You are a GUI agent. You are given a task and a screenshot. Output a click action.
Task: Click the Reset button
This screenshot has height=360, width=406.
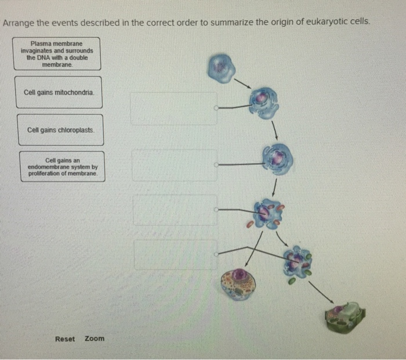pyautogui.click(x=65, y=339)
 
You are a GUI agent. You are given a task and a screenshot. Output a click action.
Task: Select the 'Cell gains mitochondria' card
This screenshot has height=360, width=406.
pyautogui.click(x=59, y=93)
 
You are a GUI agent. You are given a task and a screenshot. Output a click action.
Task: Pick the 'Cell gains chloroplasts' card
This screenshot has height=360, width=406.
pyautogui.click(x=60, y=129)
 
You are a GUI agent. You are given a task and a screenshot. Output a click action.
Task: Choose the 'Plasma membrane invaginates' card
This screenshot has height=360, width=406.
pyautogui.click(x=57, y=54)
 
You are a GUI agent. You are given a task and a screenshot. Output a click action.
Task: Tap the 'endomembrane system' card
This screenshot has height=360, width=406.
pyautogui.click(x=62, y=166)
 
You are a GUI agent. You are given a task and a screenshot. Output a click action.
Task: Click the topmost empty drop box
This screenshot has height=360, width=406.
pyautogui.click(x=173, y=108)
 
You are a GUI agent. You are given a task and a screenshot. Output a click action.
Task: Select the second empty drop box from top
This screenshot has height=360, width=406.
pyautogui.click(x=174, y=165)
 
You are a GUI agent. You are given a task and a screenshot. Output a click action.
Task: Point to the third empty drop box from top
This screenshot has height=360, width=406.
pyautogui.click(x=175, y=210)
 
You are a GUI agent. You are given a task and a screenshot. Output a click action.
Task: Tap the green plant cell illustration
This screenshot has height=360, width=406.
pyautogui.click(x=345, y=317)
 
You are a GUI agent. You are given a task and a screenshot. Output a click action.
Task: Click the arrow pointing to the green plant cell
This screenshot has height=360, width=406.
pyautogui.click(x=320, y=292)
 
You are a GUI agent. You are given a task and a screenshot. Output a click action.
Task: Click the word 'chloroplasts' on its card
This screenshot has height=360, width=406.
pyautogui.click(x=74, y=129)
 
